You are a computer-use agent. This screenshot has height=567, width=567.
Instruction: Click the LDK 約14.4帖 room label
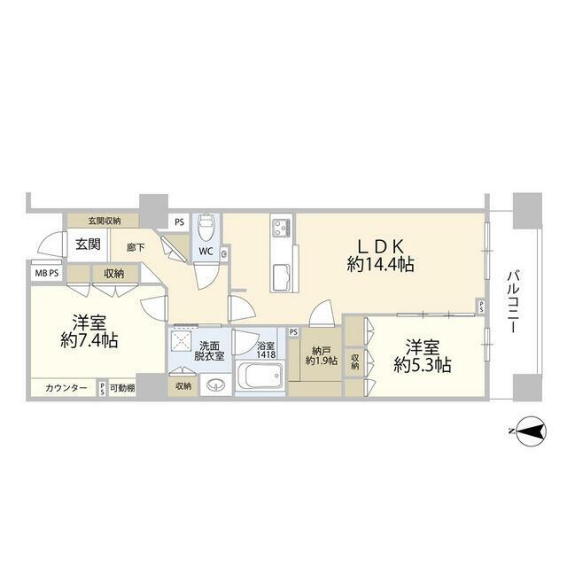point(381,254)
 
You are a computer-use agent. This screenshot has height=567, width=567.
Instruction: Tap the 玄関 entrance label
point(86,245)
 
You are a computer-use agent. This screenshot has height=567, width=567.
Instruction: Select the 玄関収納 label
point(105,221)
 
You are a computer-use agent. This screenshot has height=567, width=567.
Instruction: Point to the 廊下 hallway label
point(136,249)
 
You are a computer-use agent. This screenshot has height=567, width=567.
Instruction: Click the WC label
point(205,252)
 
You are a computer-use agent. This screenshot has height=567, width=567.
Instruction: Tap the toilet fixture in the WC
point(205,229)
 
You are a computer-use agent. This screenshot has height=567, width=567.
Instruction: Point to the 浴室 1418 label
point(267,349)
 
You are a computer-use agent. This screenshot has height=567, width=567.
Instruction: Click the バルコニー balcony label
point(514,302)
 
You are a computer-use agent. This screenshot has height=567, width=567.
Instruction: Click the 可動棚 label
point(122,388)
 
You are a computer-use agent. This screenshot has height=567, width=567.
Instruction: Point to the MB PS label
point(47,274)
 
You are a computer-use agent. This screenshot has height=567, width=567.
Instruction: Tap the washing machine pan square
point(182,341)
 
